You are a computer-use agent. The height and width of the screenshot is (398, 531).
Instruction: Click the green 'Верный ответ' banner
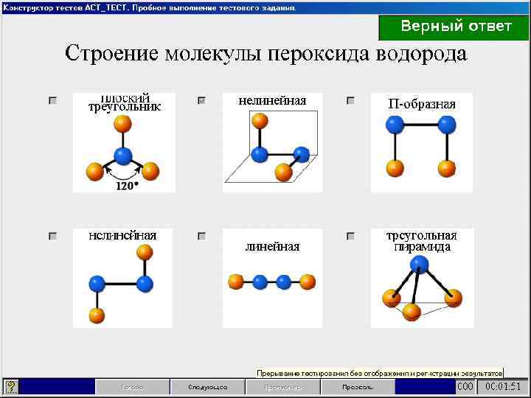click(454, 27)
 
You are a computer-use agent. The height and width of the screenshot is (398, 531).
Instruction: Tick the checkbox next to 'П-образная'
click(350, 100)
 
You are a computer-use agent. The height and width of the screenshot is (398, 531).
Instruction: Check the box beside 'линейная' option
click(201, 237)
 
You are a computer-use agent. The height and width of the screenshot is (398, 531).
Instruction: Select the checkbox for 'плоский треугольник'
click(52, 100)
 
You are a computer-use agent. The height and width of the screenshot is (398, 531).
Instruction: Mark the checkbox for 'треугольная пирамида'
click(350, 237)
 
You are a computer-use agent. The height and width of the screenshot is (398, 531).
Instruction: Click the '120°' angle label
click(127, 186)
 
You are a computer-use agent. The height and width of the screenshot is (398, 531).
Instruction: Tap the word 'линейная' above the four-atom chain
click(272, 247)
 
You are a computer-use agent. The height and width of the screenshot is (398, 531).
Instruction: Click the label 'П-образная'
click(421, 104)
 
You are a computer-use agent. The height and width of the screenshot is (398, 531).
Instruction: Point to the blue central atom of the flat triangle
click(123, 156)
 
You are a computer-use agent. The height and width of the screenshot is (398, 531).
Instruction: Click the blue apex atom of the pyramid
click(420, 263)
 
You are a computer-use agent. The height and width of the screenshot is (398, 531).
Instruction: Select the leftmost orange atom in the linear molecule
click(236, 282)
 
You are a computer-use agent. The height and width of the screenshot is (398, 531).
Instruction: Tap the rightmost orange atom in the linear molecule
click(308, 282)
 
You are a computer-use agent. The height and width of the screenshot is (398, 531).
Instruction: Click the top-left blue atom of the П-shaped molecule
click(395, 125)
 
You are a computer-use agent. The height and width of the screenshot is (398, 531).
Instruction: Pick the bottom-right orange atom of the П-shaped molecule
click(446, 169)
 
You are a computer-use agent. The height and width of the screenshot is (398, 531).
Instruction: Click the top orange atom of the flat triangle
click(123, 123)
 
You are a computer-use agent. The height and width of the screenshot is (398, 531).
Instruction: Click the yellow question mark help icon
click(12, 386)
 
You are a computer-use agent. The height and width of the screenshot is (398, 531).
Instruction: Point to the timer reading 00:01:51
click(503, 386)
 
